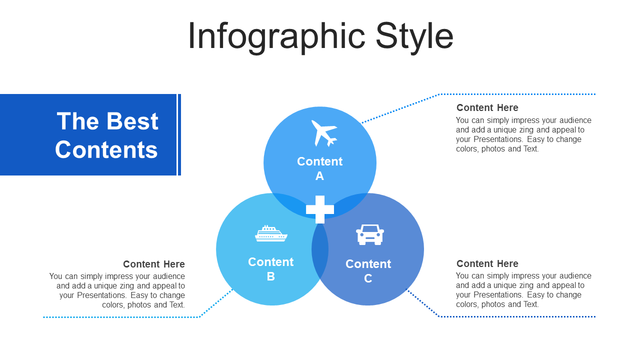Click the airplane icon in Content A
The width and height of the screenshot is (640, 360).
point(323,133)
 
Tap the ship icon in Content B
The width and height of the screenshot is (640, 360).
point(271,233)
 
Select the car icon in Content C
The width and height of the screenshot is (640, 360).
point(369,234)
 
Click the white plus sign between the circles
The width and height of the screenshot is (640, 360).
point(319,209)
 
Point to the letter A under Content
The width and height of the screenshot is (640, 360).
point(319,176)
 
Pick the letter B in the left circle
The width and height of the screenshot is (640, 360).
point(270,276)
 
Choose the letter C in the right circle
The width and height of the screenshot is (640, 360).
point(368,278)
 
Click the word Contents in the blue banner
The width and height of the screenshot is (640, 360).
point(106,149)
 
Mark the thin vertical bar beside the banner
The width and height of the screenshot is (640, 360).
point(179,134)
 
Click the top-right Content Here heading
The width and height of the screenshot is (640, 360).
point(487,107)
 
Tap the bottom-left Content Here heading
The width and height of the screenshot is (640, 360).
point(154,264)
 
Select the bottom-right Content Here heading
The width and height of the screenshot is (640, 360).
point(487,263)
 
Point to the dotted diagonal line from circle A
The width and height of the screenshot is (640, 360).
point(400,108)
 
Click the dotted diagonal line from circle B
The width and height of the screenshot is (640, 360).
point(216,303)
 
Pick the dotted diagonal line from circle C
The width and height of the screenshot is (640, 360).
point(423,303)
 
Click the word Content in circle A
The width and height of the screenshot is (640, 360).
point(319,161)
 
